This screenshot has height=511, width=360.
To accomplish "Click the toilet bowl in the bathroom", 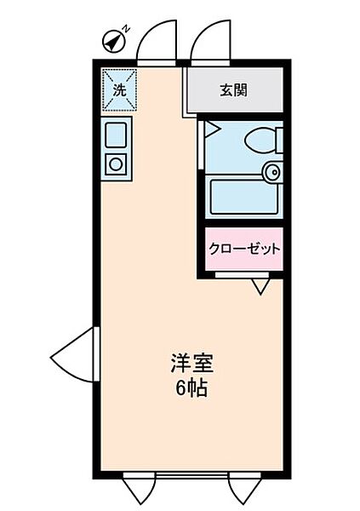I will [256, 139].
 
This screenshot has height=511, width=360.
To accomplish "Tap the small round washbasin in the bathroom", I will [271, 172].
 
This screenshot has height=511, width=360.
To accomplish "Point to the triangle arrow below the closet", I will [260, 287].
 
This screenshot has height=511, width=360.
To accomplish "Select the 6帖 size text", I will [190, 390].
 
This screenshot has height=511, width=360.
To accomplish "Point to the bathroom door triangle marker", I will [210, 130].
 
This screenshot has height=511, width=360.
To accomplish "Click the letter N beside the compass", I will [125, 29].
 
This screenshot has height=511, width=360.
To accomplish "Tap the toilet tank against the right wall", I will [278, 139].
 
